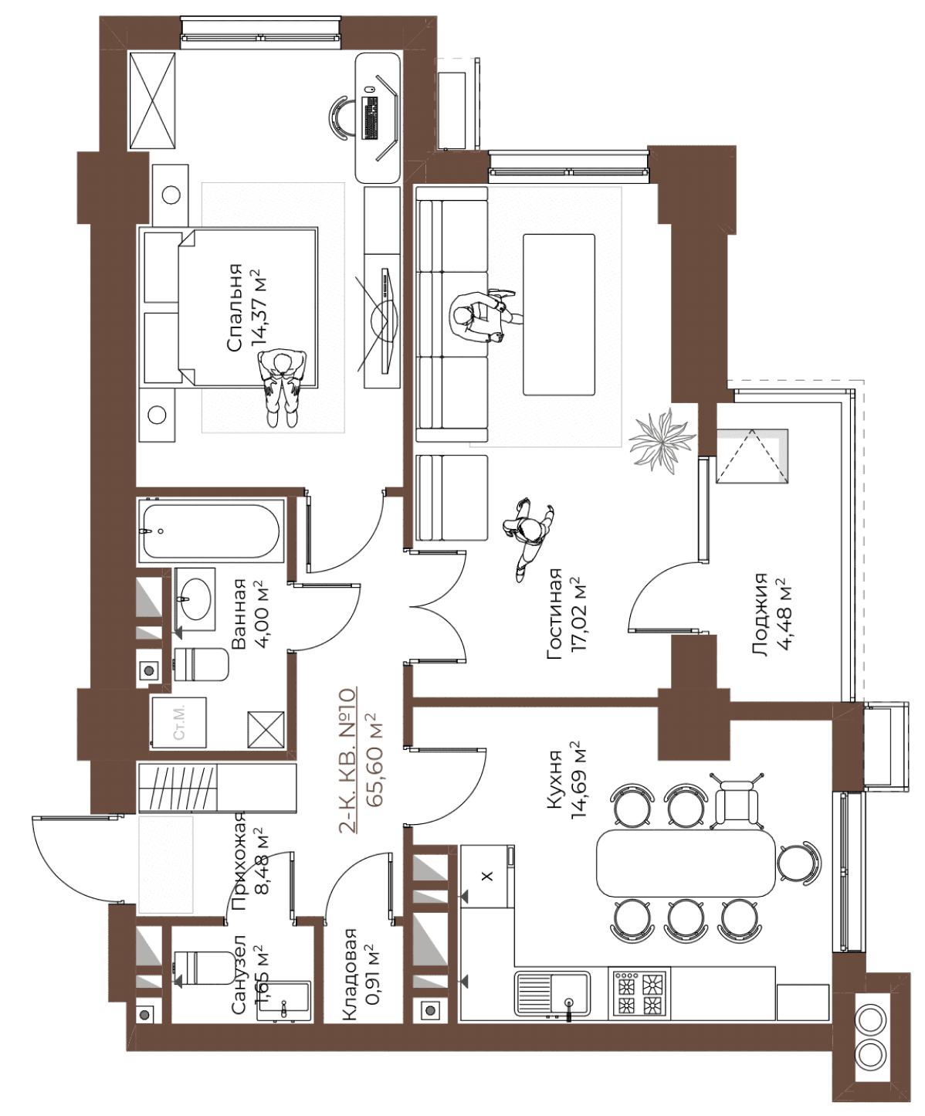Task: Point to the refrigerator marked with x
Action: tap(486, 876)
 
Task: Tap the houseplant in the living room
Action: tap(662, 440)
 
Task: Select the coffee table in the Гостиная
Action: tap(559, 314)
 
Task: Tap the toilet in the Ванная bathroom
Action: tap(202, 664)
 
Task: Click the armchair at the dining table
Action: tap(737, 800)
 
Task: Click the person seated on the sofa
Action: tap(481, 315)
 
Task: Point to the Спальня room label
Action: tap(235, 308)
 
